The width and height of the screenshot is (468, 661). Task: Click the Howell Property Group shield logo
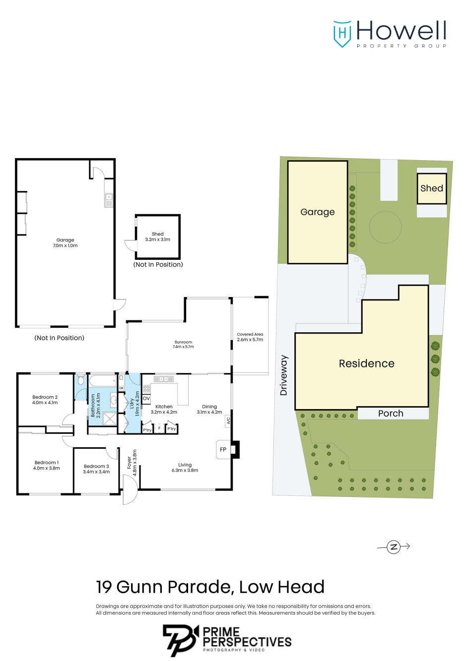(x=342, y=34)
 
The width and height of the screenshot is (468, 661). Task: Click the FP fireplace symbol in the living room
(x=223, y=449)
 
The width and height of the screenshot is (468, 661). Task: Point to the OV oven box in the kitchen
(x=146, y=399)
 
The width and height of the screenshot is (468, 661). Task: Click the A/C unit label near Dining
(x=228, y=421)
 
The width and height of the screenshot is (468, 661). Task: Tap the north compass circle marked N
(x=393, y=547)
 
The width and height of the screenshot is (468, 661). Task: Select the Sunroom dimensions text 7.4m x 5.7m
(x=183, y=347)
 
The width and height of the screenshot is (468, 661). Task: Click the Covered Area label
(x=250, y=334)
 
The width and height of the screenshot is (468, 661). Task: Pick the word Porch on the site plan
(x=391, y=414)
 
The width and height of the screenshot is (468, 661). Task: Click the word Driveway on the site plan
(x=284, y=375)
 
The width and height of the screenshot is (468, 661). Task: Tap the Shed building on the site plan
(x=432, y=188)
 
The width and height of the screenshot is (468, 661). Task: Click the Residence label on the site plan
(x=366, y=363)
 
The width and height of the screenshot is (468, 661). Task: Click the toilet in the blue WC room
(x=80, y=380)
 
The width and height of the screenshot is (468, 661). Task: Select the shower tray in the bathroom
(x=110, y=419)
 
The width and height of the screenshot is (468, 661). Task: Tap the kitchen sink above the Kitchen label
(x=163, y=378)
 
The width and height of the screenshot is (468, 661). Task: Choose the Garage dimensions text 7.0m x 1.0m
(x=65, y=245)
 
